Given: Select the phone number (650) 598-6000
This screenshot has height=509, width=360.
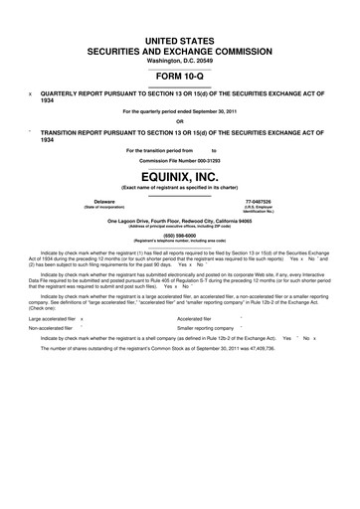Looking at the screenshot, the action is click(180, 234).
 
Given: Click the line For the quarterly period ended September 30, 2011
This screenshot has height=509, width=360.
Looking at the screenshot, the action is click(180, 111).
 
